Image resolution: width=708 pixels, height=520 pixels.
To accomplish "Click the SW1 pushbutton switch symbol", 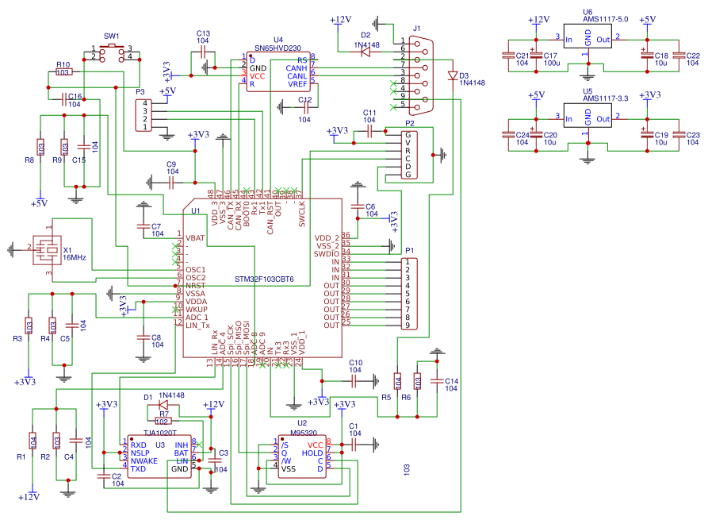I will coord(112,52).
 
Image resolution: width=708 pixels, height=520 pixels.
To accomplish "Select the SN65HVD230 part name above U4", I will coord(278,48).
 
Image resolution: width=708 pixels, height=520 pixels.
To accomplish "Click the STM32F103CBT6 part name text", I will coord(264,279).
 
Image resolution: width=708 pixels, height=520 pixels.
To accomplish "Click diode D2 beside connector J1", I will coord(365,53).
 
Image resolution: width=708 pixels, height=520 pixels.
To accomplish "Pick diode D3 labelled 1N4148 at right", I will coord(453,76).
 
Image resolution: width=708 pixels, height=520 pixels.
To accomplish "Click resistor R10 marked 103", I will coord(63,71).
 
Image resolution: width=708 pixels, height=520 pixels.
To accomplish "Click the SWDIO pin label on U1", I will coord(326,253).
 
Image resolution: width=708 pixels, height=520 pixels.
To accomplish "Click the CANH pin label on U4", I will coord(297,67).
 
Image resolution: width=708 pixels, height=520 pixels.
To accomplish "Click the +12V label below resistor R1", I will coord(29,497).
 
